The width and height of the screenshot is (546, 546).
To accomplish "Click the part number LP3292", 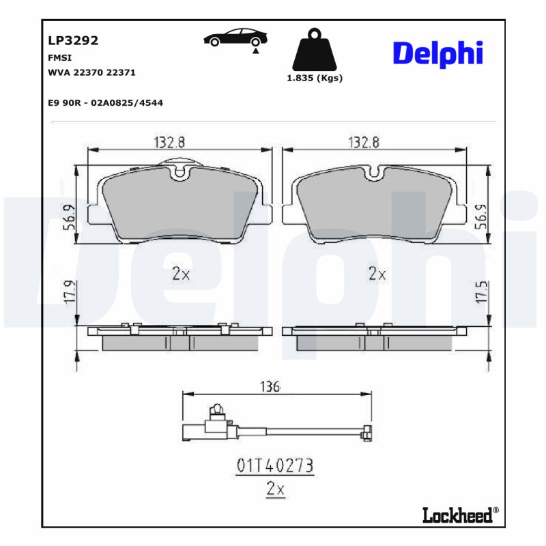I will coord(73,41).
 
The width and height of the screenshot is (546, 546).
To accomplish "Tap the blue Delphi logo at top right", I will coord(437,53).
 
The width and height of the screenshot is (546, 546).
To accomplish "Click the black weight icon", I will coord(314,48).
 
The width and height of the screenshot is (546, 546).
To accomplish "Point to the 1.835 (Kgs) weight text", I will coord(314,78).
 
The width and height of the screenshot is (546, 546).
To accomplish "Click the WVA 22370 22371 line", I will coord(96,72).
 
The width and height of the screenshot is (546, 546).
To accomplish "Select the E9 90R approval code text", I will coord(105,102).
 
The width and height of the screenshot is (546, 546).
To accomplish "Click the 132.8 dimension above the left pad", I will coord(170,142).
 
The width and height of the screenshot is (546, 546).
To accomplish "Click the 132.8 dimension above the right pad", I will coord(364,142).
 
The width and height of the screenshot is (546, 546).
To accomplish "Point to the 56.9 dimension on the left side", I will coord(68,218).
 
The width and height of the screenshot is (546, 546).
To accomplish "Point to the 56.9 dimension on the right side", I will coord(480,216).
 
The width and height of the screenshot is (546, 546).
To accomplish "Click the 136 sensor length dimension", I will coord(270,387).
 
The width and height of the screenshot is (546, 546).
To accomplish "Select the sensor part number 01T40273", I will coord(274,466).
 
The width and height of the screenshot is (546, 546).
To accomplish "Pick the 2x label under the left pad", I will coord(180,274).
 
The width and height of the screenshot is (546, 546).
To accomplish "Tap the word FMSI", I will coord(59,58).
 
